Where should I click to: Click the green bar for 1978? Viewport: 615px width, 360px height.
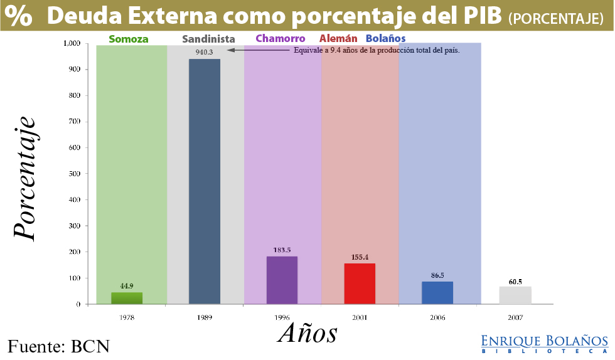127,298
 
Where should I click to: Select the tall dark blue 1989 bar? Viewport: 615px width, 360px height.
205,181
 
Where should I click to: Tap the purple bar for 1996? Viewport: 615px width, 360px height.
282,280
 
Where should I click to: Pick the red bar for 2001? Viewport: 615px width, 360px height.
360,283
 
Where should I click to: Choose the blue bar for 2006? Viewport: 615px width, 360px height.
437,292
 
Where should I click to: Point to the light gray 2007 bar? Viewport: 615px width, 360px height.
515,295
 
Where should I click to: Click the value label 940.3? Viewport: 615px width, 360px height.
204,52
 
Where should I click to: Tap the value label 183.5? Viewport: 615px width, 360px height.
282,250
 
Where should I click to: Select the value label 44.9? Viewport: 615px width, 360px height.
127,286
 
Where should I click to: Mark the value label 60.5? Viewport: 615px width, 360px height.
515,282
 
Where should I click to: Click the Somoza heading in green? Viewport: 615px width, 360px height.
129,39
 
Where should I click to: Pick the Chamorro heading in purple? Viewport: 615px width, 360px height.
281,39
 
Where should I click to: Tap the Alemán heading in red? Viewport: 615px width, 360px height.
338,39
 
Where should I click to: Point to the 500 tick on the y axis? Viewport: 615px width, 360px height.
75,174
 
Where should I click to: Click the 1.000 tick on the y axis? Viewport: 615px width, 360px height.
72,43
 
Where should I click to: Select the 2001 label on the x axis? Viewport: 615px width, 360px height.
360,318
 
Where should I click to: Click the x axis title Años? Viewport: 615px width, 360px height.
307,332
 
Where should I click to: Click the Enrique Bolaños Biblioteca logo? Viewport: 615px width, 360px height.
544,344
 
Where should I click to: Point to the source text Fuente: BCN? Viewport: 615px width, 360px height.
58,346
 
